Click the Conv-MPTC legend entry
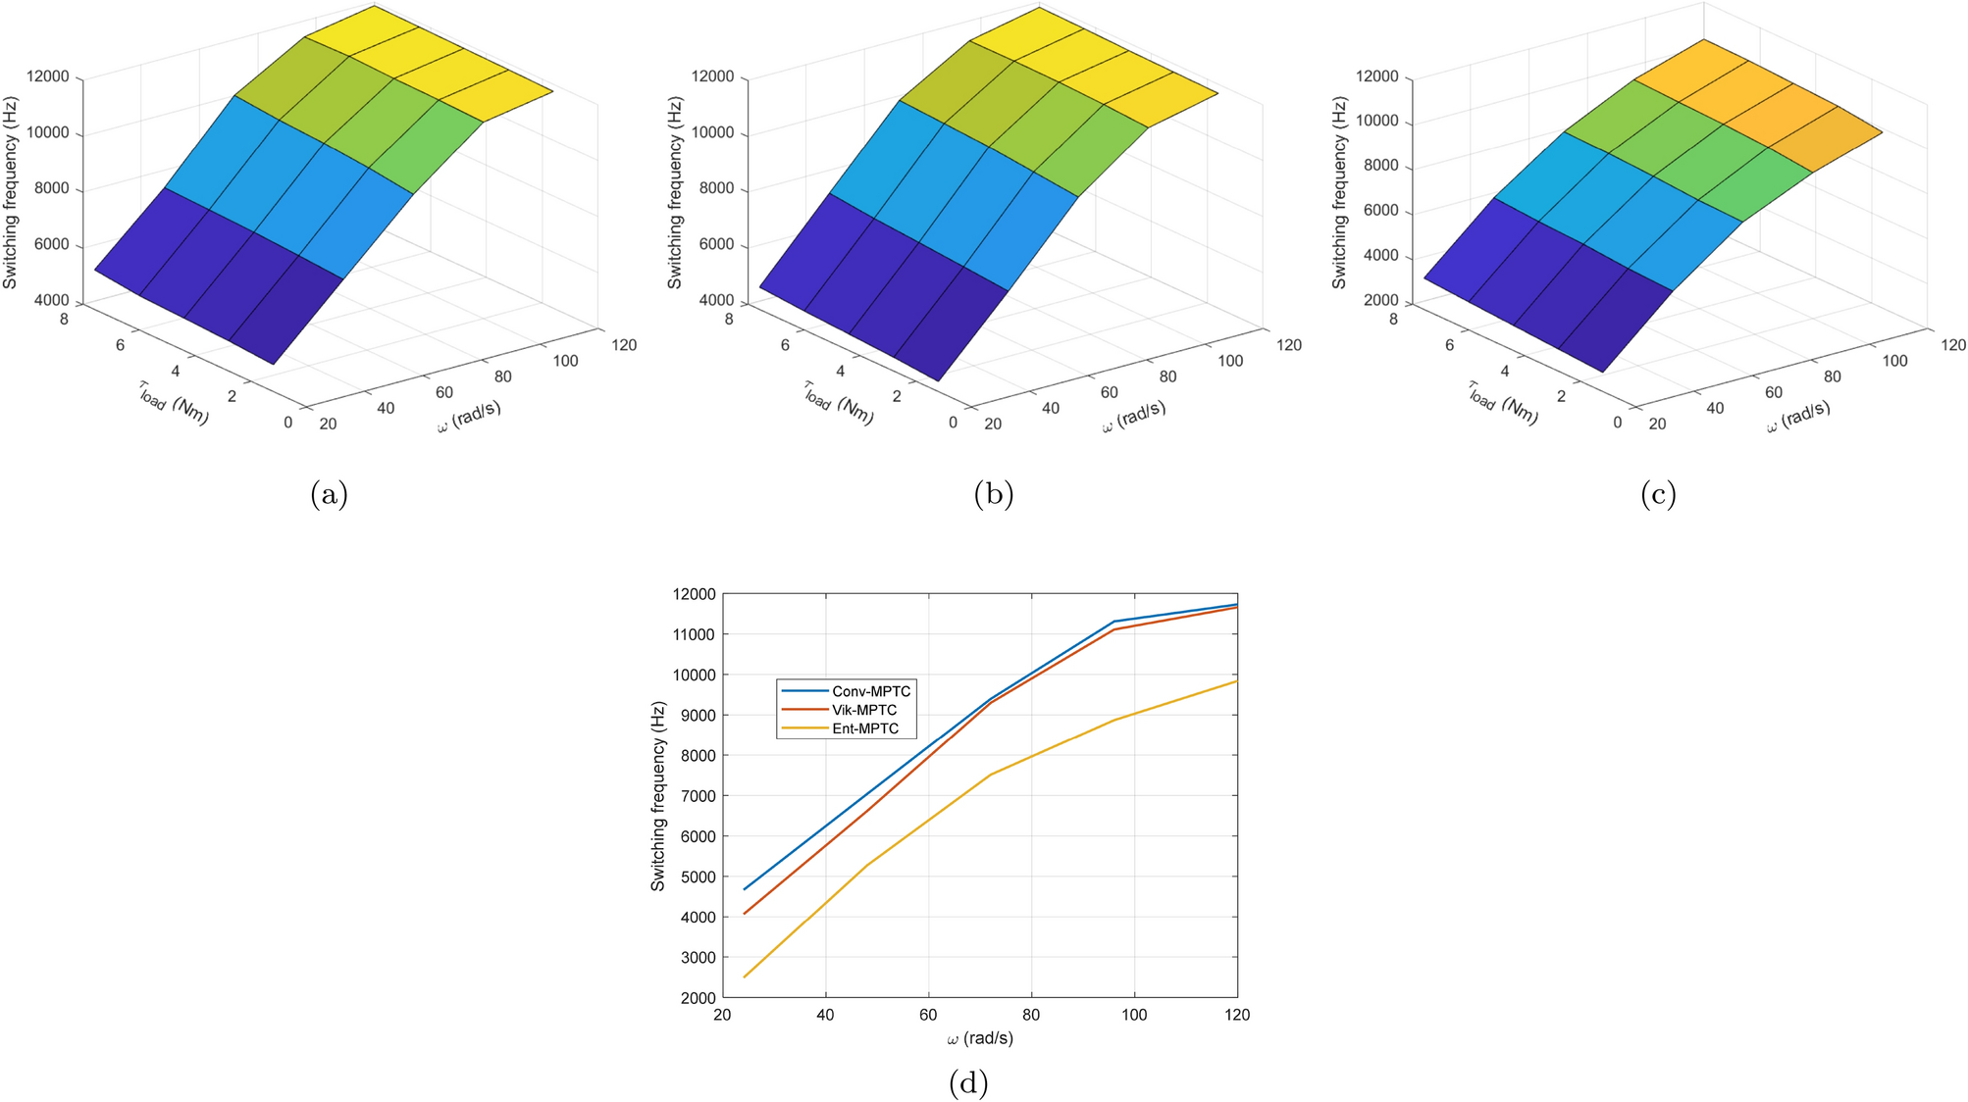coord(870,691)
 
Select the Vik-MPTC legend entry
coord(863,710)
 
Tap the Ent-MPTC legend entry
coord(865,728)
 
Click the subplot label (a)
coord(329,493)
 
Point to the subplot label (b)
coord(993,493)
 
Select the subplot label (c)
coord(1657,493)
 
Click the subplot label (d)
coord(967,1082)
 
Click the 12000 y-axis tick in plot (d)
coord(693,594)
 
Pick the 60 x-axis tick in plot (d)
coord(928,1016)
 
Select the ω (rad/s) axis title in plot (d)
coord(980,1038)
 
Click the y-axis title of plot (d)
coord(658,796)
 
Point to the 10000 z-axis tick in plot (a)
coord(49,133)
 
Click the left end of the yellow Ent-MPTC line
coord(745,977)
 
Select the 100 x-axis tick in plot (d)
coord(1134,1016)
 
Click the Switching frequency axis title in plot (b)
coord(675,193)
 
